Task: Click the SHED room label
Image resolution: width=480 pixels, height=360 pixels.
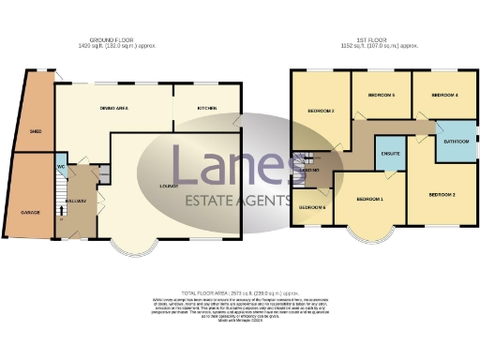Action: tap(35, 131)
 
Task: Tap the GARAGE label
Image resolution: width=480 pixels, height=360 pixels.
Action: tap(31, 213)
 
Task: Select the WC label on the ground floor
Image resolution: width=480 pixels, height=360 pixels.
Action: tap(60, 168)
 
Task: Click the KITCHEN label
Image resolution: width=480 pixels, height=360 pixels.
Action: tap(207, 109)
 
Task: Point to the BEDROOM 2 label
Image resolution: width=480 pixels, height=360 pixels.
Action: tap(442, 194)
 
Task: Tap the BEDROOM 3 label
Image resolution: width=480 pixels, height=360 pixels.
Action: tap(322, 112)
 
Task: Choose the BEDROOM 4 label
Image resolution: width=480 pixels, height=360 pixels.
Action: tap(443, 95)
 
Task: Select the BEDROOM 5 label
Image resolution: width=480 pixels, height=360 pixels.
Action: tap(381, 95)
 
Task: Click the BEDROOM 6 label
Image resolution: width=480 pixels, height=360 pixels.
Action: tap(311, 206)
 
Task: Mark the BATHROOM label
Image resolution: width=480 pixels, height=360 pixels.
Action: tap(457, 142)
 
